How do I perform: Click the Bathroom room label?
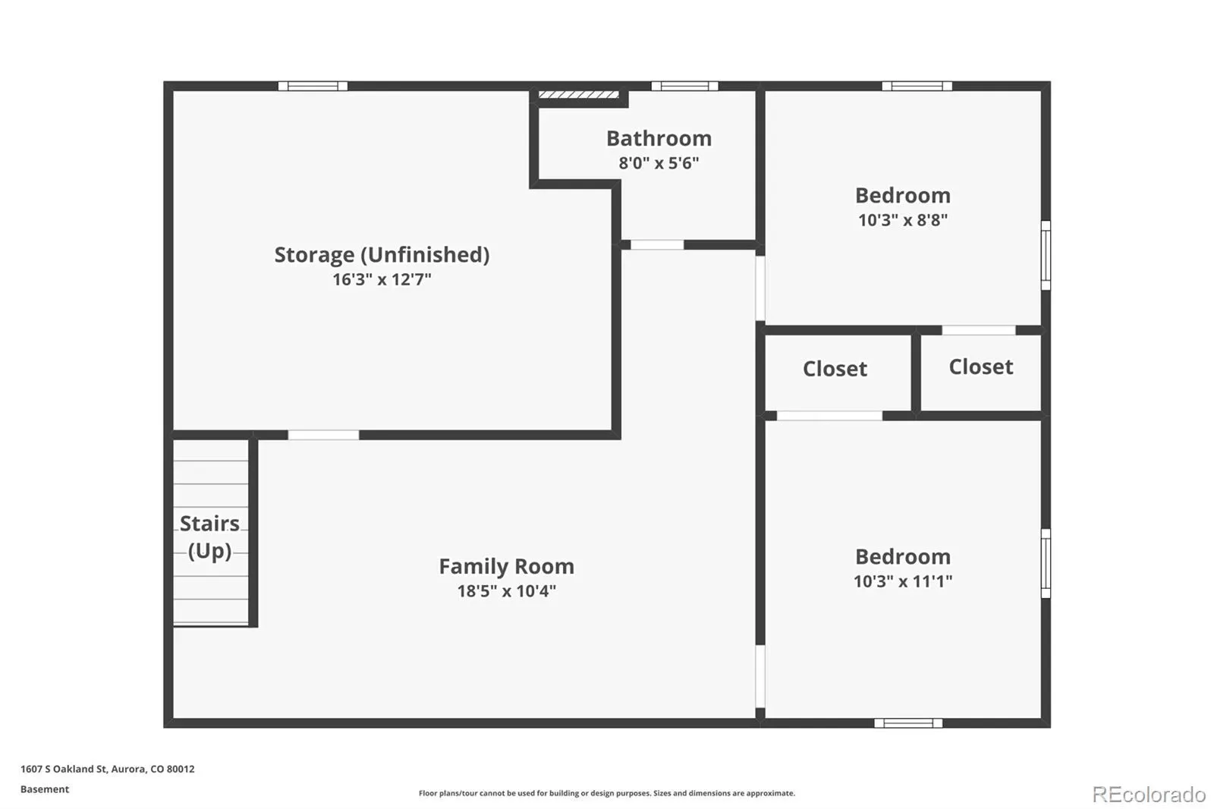[x=659, y=138]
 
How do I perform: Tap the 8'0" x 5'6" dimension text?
[x=659, y=162]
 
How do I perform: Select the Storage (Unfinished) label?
[x=382, y=255]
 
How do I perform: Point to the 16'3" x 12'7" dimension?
[x=382, y=279]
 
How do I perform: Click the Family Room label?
[x=506, y=567]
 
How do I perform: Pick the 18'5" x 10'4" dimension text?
[x=506, y=591]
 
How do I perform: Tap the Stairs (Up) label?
[x=209, y=537]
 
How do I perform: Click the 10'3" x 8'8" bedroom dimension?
[x=902, y=219]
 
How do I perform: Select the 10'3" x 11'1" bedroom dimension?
[x=902, y=581]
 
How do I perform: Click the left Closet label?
[x=835, y=369]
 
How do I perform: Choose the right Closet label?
[x=980, y=367]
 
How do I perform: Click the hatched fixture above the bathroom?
[x=578, y=95]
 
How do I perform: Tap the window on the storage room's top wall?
[x=313, y=87]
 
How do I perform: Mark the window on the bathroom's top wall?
[x=684, y=87]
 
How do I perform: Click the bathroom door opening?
[x=657, y=245]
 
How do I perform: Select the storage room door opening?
[x=323, y=435]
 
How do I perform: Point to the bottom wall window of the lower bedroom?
[x=908, y=722]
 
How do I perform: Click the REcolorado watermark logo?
[x=1149, y=795]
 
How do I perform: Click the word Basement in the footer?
[x=45, y=789]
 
